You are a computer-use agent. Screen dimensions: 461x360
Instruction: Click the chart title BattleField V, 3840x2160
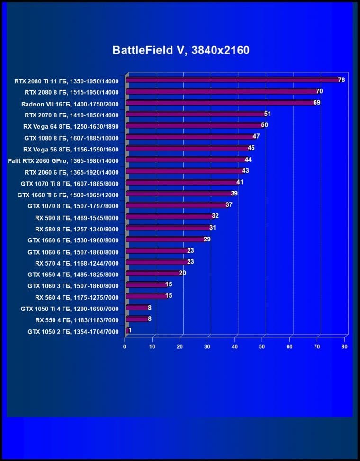(x=180, y=50)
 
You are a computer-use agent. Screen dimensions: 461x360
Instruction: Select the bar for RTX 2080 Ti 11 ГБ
(x=232, y=80)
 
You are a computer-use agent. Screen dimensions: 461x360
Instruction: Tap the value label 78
(x=341, y=80)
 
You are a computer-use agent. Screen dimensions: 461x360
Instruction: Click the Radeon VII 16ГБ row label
(x=70, y=104)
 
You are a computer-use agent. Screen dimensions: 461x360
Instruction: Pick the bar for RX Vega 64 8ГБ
(x=194, y=126)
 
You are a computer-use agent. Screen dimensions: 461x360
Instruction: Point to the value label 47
(x=256, y=137)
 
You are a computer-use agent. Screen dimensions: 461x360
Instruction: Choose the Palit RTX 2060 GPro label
(x=63, y=160)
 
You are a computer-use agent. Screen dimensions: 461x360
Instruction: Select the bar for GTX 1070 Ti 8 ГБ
(x=182, y=183)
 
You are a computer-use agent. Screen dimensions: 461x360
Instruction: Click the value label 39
(x=234, y=194)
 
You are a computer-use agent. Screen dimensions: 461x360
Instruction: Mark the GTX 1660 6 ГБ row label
(x=73, y=240)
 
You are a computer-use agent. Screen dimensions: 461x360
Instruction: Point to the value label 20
(x=182, y=273)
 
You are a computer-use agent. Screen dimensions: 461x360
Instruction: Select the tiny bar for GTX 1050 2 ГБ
(x=126, y=330)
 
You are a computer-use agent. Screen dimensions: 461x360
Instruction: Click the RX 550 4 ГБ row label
(x=77, y=320)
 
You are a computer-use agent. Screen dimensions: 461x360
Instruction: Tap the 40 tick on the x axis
(x=234, y=346)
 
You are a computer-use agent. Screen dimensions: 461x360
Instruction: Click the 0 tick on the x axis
(x=125, y=346)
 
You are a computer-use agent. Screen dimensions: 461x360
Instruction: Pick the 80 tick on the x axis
(x=344, y=346)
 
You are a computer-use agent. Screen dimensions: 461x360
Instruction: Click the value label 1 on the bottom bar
(x=130, y=330)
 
